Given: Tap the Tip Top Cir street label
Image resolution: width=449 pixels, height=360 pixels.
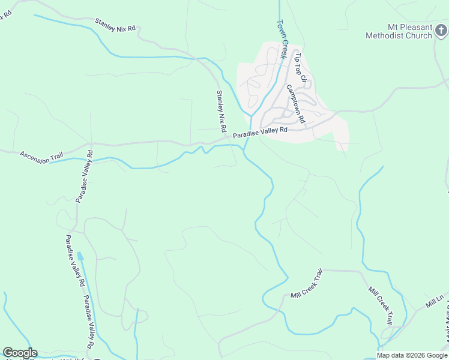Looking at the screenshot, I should point(300,68).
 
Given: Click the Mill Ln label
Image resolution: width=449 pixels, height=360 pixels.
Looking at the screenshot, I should point(435,301).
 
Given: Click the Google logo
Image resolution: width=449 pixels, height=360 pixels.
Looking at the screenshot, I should point(20,353).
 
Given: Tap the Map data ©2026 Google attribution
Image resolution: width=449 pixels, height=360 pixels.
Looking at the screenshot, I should point(412,355).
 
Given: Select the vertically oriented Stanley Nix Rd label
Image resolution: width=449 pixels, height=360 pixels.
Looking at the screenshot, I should point(221,111).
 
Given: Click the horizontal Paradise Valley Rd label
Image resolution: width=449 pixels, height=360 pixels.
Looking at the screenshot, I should point(261,132).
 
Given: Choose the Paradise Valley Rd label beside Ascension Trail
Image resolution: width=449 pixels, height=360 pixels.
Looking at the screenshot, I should point(83,176).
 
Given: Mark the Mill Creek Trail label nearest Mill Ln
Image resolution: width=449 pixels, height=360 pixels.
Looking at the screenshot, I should point(381,305).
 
